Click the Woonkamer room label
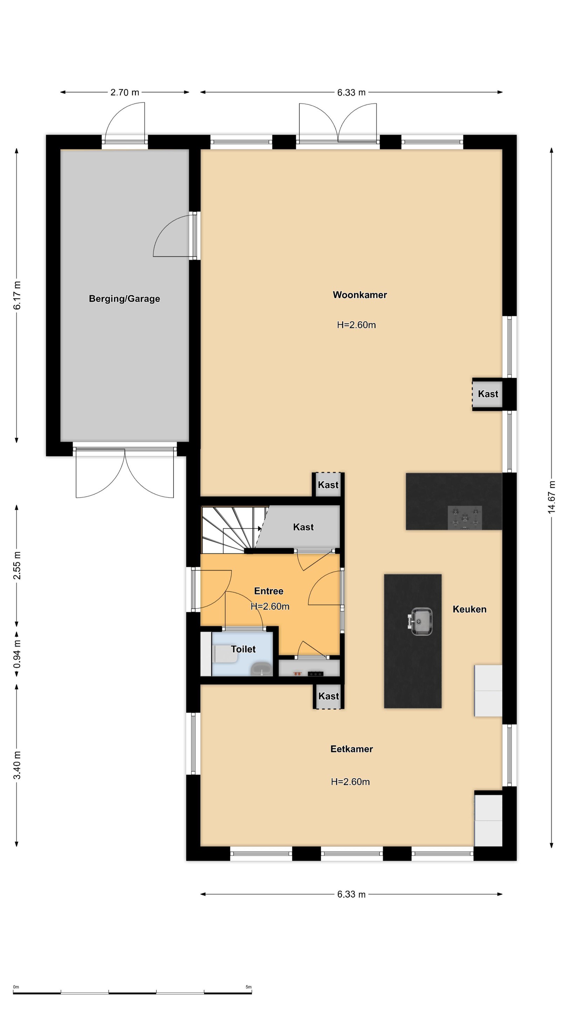pos(359,295)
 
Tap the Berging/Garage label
pos(124,299)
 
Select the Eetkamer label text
pos(351,749)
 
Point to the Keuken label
pos(469,609)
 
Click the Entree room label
pos(269,591)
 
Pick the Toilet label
pos(243,649)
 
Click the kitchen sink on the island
pos(420,621)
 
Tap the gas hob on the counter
pos(465,517)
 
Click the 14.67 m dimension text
pos(551,497)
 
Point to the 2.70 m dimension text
pos(125,93)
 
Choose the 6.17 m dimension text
pos(17,295)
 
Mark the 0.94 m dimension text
pos(17,654)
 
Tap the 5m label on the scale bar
pos(249,987)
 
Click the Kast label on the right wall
pos(488,393)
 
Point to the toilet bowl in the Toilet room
pos(226,654)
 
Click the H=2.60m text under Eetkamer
pos(350,782)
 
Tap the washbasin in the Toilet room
pos(262,669)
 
